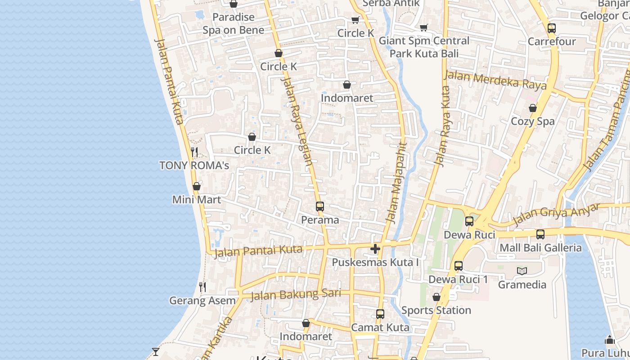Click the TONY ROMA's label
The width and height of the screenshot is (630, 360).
(194, 165)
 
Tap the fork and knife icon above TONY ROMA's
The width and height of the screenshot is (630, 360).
(194, 152)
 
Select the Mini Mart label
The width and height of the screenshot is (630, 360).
(197, 199)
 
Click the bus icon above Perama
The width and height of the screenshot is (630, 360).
(320, 207)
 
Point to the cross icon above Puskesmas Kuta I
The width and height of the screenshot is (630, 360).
(375, 248)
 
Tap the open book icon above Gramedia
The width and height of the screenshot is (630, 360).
(522, 271)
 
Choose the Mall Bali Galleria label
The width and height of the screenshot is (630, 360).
(540, 247)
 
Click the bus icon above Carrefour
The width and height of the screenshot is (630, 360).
(552, 28)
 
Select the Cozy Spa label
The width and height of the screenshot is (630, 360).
(533, 121)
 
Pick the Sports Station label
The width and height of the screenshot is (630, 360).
(436, 310)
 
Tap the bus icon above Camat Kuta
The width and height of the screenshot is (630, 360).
(380, 314)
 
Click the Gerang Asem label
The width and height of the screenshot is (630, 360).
(202, 300)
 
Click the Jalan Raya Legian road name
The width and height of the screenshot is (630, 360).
(297, 121)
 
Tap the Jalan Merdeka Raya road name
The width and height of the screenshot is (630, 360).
(495, 80)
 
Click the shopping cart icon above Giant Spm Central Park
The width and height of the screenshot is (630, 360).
(423, 28)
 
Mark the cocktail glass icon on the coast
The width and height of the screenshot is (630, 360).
(156, 351)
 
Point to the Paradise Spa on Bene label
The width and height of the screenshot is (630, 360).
(234, 23)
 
